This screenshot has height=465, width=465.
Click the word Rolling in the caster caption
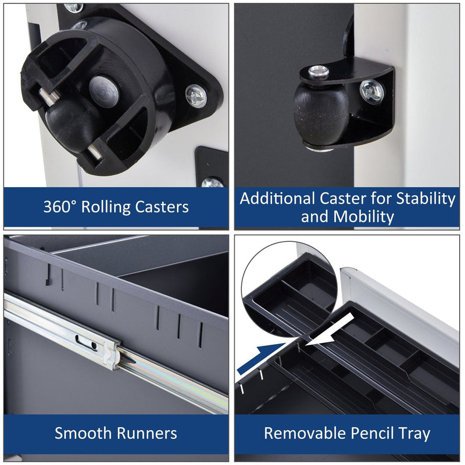(106, 207)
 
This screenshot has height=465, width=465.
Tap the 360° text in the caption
(60, 206)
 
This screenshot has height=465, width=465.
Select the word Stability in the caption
(426, 198)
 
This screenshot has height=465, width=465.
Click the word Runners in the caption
(147, 433)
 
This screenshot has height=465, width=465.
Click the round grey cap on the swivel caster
(104, 88)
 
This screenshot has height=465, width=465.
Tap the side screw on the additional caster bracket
(371, 92)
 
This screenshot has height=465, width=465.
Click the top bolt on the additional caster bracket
(319, 72)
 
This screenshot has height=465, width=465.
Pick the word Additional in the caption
(277, 198)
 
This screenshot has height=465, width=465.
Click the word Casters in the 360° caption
(162, 207)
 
